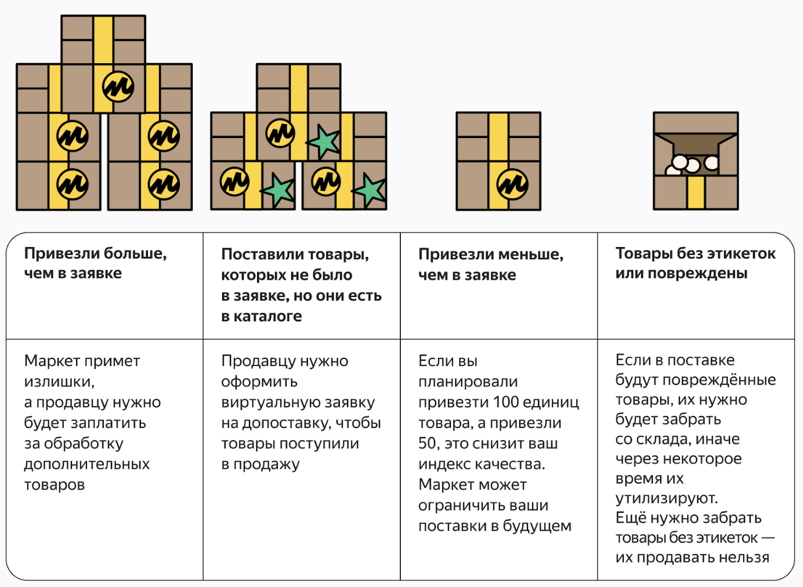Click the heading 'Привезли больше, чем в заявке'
click(x=95, y=263)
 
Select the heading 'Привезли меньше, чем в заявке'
click(x=490, y=264)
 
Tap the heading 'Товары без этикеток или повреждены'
click(x=695, y=263)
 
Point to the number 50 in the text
click(x=429, y=443)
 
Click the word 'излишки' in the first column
click(x=59, y=382)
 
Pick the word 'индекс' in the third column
click(x=442, y=464)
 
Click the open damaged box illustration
click(x=696, y=161)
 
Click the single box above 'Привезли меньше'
click(x=498, y=161)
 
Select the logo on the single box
click(x=512, y=184)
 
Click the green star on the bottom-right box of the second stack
click(x=370, y=190)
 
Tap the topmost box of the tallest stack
click(x=103, y=39)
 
